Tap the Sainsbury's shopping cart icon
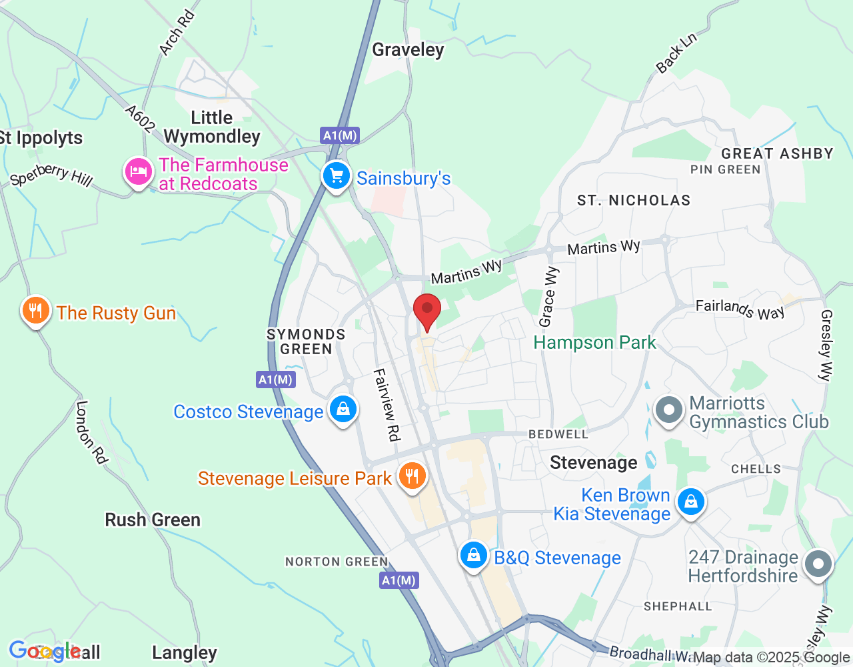click(x=337, y=176)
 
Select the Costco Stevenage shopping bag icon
click(x=343, y=409)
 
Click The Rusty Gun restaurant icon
click(x=36, y=311)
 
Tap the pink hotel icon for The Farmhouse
click(x=138, y=172)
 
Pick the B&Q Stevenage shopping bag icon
click(x=474, y=555)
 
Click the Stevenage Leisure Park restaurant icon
click(x=413, y=476)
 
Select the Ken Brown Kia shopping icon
click(x=691, y=501)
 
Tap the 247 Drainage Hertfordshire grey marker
click(x=818, y=564)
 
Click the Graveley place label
click(x=408, y=50)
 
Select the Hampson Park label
click(x=594, y=343)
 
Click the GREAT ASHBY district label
click(x=777, y=153)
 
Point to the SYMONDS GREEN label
click(x=306, y=342)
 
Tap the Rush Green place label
click(x=153, y=520)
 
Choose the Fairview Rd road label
click(x=387, y=404)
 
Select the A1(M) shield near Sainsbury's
click(x=340, y=135)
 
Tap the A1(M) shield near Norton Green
click(x=399, y=580)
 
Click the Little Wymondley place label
click(x=212, y=127)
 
